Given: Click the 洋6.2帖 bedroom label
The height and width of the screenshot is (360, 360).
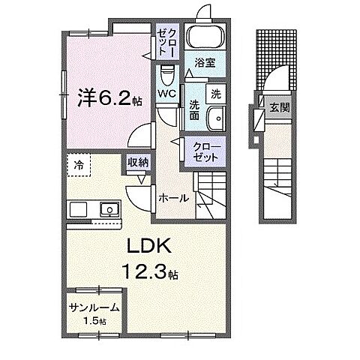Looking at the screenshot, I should (104, 97).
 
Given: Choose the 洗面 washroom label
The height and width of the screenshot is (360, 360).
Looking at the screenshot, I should (194, 110).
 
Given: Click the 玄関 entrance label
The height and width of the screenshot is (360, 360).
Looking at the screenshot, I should (278, 106).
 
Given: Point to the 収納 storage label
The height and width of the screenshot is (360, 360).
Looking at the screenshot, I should (136, 162).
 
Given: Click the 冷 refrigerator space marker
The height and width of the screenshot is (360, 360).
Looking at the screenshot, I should (79, 163).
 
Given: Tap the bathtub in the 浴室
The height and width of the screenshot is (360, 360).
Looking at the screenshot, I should (204, 37).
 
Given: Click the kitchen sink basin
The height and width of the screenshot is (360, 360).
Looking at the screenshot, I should (109, 209).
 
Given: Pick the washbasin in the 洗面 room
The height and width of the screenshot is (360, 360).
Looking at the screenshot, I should (215, 119).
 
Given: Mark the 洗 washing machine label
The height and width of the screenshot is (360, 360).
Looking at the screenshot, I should (214, 95).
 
